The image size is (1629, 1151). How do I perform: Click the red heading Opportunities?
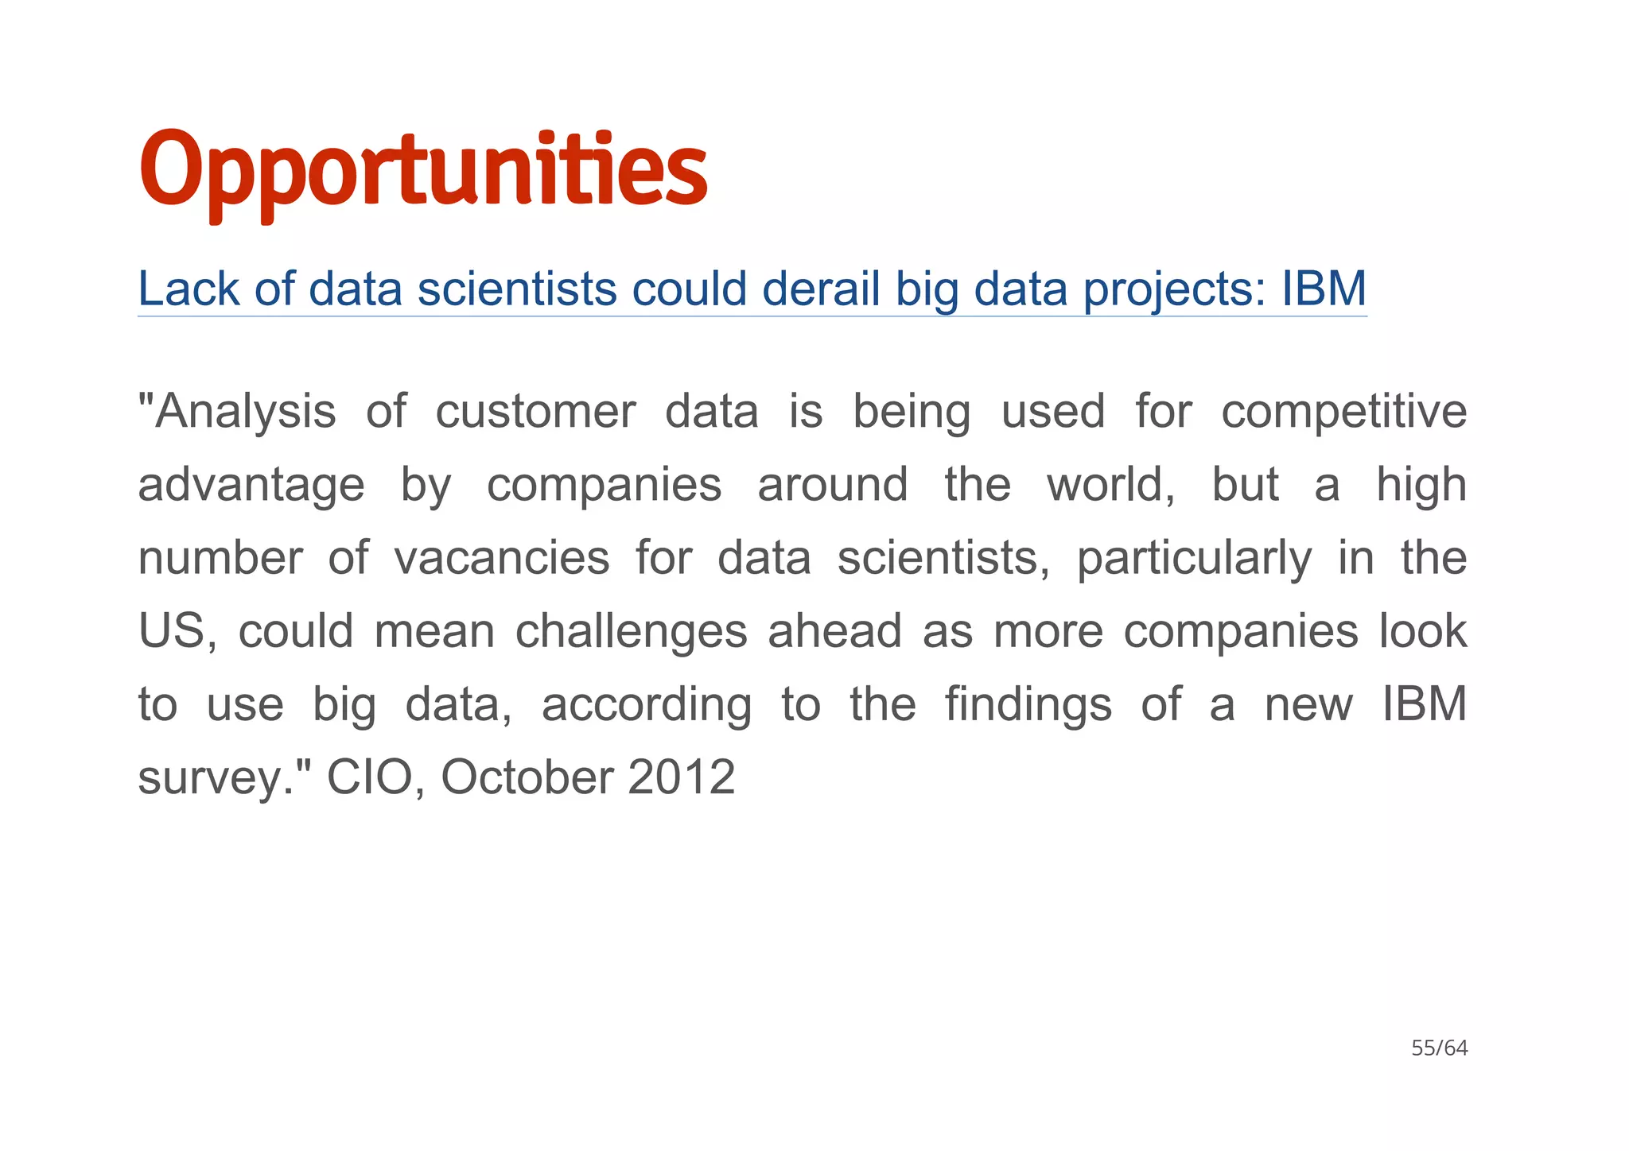(x=423, y=169)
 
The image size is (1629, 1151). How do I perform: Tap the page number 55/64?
(x=1439, y=1048)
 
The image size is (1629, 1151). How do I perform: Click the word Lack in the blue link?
(x=189, y=289)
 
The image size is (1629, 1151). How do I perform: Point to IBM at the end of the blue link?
(x=1324, y=289)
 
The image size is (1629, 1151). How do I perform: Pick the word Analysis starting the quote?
(x=238, y=413)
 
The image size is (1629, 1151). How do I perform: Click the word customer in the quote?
(x=535, y=413)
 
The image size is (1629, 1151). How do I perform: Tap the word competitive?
(x=1343, y=413)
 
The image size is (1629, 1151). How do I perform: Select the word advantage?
(x=251, y=486)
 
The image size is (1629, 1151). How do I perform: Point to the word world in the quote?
(x=1109, y=486)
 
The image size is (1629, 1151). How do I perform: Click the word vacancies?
(x=502, y=559)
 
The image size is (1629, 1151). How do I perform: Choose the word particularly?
(x=1194, y=559)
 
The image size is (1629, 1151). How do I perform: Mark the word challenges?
(x=632, y=632)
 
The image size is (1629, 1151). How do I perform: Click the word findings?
(x=1028, y=705)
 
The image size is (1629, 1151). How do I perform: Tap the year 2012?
(x=681, y=778)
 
